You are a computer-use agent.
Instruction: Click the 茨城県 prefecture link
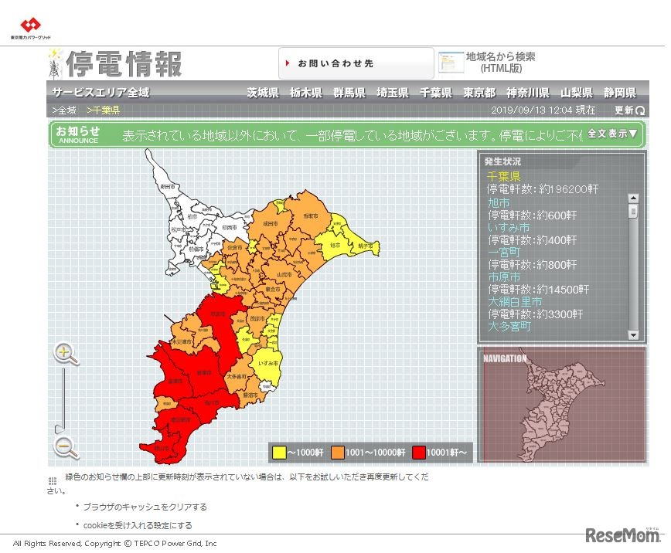tap(263, 93)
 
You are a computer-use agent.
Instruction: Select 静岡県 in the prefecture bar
tap(621, 93)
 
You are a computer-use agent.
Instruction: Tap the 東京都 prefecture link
tap(479, 93)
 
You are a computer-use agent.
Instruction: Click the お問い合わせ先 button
tap(356, 63)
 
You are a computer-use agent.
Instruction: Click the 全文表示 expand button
tap(612, 134)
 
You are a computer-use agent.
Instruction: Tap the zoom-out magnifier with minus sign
tap(66, 447)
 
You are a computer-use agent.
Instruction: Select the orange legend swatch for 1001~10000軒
tap(339, 452)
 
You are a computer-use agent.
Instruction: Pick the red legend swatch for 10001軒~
tap(419, 452)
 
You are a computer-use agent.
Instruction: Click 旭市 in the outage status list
tap(499, 202)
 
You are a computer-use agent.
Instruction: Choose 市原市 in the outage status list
tap(504, 276)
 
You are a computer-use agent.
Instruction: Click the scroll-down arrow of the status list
tap(633, 335)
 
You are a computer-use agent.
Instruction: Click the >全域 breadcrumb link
tap(64, 110)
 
